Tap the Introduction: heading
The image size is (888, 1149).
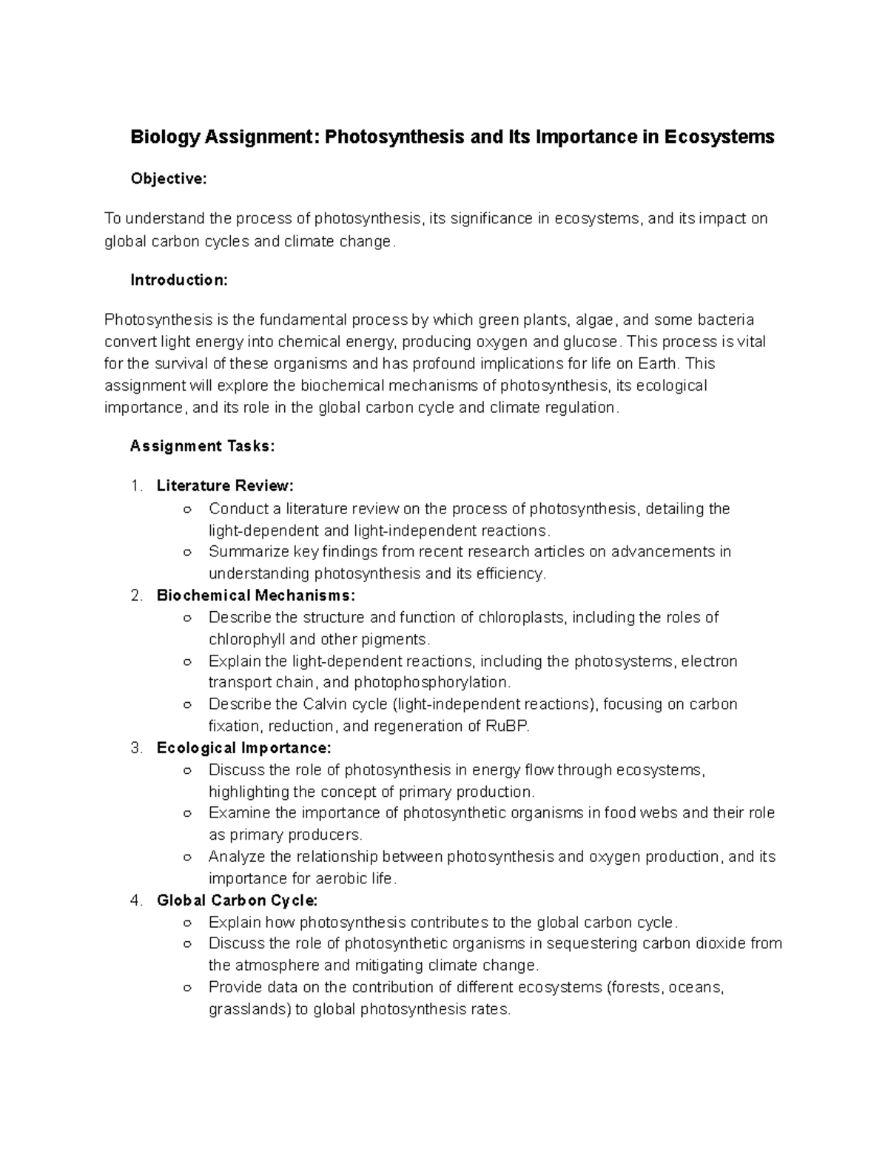(179, 280)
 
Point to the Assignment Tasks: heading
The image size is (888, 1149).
(202, 446)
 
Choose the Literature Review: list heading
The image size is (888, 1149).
(225, 486)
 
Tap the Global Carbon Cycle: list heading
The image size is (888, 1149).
(237, 900)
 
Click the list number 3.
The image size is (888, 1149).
(135, 748)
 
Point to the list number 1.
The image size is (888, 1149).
(135, 486)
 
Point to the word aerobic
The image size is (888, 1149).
(324, 879)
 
